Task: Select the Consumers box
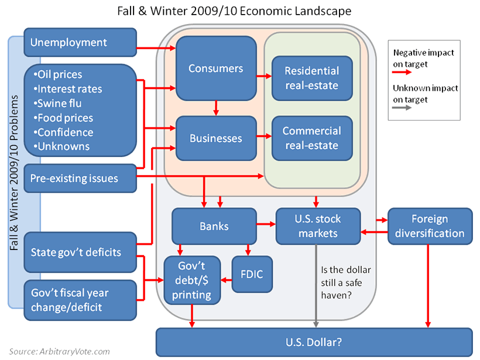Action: pos(216,68)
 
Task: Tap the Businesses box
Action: pos(216,139)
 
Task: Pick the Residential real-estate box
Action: pos(312,78)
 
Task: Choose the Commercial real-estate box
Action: pos(312,139)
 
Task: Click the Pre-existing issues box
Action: pos(80,178)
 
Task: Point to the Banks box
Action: pos(214,226)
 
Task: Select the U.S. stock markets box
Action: pos(317,226)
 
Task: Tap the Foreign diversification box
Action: pos(430,226)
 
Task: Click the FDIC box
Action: pos(253,274)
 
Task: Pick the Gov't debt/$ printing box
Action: pos(192,280)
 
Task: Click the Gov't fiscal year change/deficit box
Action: pos(80,300)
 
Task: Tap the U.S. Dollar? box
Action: pos(314,342)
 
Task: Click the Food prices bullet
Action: pos(64,118)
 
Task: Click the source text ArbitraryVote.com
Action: pos(59,352)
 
